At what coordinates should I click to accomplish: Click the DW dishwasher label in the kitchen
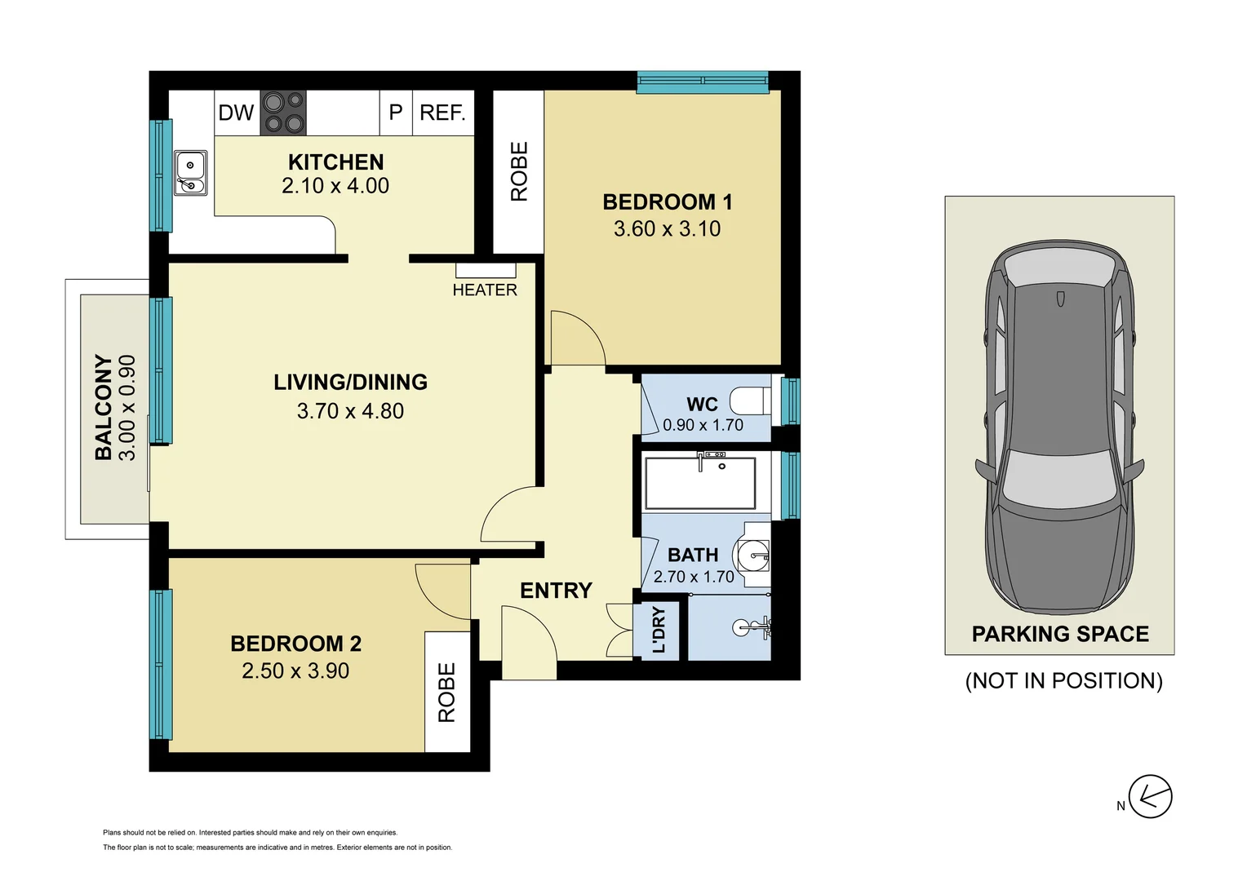click(x=236, y=113)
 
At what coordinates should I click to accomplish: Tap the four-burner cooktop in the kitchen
click(x=283, y=113)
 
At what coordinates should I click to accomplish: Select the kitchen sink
click(x=190, y=173)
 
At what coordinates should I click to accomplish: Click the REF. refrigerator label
click(x=442, y=113)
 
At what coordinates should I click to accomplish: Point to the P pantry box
click(x=396, y=113)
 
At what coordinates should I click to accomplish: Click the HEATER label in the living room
click(x=485, y=290)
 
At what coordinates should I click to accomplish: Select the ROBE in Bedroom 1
click(x=519, y=171)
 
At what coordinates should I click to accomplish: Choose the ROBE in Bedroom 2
click(x=447, y=692)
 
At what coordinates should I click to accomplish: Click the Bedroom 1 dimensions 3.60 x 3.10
click(x=667, y=229)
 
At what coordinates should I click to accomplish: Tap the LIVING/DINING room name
click(x=350, y=382)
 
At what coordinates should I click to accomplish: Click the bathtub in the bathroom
click(x=700, y=483)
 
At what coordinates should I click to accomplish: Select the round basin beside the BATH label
click(x=753, y=556)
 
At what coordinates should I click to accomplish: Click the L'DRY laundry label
click(x=659, y=630)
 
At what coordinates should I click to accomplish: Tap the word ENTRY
click(x=556, y=590)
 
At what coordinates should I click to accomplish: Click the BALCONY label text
click(x=104, y=407)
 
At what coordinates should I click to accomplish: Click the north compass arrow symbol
click(x=1150, y=796)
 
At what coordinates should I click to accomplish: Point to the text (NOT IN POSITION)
click(x=1063, y=680)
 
